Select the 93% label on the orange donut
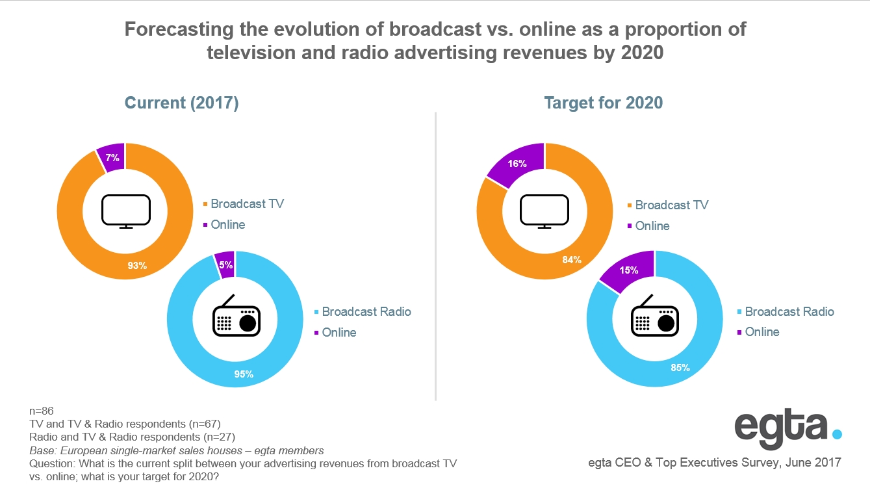[x=137, y=265]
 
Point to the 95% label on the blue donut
[x=244, y=374]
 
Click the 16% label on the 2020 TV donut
[x=517, y=164]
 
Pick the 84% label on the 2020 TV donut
[x=572, y=260]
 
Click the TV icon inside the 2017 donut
[x=126, y=211]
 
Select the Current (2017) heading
[x=181, y=103]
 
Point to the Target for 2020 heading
[x=604, y=103]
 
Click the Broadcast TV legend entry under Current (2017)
[x=247, y=203]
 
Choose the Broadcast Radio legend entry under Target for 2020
[x=789, y=311]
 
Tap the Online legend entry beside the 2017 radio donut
[x=339, y=332]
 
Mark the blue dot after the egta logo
[x=837, y=433]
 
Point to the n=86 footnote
[x=42, y=411]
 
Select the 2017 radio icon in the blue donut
[x=236, y=316]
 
